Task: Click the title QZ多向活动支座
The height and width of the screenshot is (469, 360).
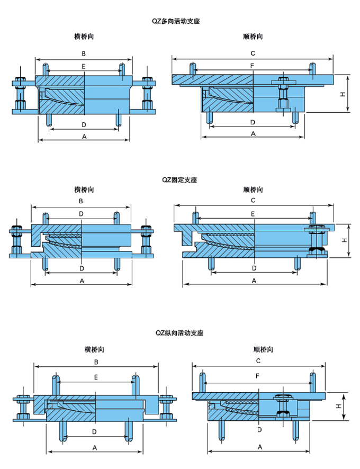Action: pyautogui.click(x=176, y=21)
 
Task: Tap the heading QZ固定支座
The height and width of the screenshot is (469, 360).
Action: pyautogui.click(x=179, y=180)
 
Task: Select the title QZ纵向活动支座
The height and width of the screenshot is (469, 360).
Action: pyautogui.click(x=179, y=333)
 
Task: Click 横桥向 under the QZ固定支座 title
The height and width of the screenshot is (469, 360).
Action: pyautogui.click(x=84, y=190)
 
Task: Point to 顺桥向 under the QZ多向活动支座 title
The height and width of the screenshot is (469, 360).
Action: pyautogui.click(x=253, y=37)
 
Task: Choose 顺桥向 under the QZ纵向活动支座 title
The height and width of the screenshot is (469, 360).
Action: pyautogui.click(x=263, y=349)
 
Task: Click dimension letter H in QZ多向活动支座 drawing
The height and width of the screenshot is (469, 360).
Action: pyautogui.click(x=343, y=94)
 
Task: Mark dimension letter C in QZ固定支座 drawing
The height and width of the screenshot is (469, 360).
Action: pyautogui.click(x=253, y=201)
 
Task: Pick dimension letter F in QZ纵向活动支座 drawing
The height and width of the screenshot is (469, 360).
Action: pyautogui.click(x=257, y=376)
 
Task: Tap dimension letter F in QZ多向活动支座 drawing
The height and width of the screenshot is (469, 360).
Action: pyautogui.click(x=253, y=65)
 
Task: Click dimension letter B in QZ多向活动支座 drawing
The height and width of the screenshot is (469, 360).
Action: pyautogui.click(x=83, y=53)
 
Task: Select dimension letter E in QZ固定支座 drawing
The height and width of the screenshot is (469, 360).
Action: pyautogui.click(x=253, y=214)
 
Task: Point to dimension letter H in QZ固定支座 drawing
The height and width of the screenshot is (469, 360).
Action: pyautogui.click(x=344, y=240)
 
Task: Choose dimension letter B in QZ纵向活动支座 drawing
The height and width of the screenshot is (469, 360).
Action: pyautogui.click(x=96, y=362)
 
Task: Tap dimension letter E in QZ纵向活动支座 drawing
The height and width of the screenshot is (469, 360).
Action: pyautogui.click(x=96, y=377)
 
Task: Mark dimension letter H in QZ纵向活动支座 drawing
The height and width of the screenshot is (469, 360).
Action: pyautogui.click(x=338, y=406)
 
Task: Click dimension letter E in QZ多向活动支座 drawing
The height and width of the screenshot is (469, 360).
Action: pyautogui.click(x=83, y=66)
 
